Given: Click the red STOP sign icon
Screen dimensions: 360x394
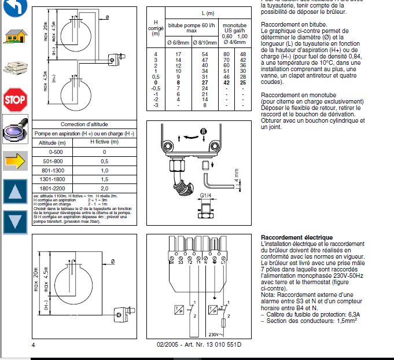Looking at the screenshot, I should coord(14,100).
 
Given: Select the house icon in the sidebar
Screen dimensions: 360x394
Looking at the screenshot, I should coord(14,36).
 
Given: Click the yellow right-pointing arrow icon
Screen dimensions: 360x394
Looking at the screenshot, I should coord(15,160).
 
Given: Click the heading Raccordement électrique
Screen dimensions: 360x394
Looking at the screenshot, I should coord(297,237).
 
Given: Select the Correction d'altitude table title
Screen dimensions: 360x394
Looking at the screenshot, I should coord(84,124).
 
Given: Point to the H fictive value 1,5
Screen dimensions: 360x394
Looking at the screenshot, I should coord(105,179).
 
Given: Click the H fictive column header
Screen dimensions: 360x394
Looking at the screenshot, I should coord(105,142).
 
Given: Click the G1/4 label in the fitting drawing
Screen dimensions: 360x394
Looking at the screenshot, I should coord(207,195).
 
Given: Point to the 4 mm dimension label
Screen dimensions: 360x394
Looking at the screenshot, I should coord(236,175).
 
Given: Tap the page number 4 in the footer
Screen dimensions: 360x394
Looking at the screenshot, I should coord(34,345).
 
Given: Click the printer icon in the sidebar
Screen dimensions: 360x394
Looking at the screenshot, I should coord(14,69).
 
